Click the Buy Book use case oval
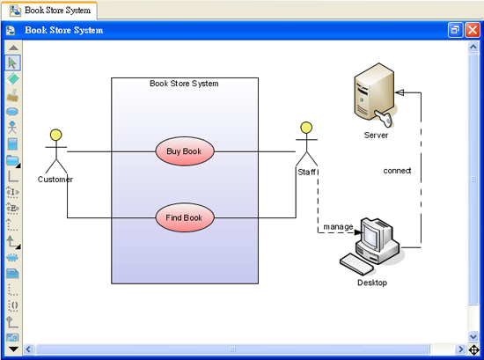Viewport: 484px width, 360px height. coord(185,151)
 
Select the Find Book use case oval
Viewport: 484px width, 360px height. coord(185,217)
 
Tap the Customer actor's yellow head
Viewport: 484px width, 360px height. coord(55,135)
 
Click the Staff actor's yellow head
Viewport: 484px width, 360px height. coord(306,128)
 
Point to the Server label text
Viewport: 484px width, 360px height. coord(376,136)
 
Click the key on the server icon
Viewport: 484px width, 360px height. coord(385,118)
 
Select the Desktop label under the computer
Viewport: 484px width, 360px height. coord(372,283)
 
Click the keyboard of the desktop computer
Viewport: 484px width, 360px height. coord(356,264)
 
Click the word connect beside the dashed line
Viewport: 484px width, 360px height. coord(397,171)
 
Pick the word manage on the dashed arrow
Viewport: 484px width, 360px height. coord(338,227)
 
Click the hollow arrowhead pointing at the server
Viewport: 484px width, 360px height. coord(400,92)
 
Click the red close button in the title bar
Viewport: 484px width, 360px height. coord(473,30)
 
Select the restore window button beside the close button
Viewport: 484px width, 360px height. coord(455,30)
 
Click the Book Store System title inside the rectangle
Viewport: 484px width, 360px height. coord(184,84)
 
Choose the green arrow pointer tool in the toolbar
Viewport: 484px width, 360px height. coord(12,62)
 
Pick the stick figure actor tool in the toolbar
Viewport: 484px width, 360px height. coord(12,128)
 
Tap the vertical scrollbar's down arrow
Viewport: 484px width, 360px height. coord(473,336)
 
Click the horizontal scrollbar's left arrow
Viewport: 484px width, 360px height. coord(28,349)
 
